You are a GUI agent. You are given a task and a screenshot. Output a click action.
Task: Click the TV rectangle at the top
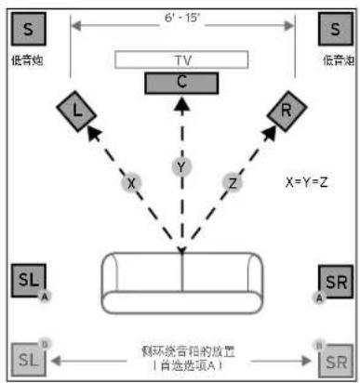click(x=181, y=59)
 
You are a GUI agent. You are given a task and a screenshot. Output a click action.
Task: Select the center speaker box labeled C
click(x=181, y=82)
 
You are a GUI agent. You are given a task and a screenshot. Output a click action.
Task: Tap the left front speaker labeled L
click(x=76, y=112)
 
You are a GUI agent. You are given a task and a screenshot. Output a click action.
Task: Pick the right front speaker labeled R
click(x=286, y=112)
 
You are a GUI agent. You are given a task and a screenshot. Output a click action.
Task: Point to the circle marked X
click(x=132, y=182)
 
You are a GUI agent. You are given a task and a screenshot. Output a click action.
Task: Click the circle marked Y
click(x=182, y=167)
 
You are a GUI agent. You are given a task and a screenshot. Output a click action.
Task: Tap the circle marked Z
click(x=230, y=182)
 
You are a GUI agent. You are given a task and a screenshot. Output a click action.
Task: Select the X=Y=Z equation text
click(x=306, y=182)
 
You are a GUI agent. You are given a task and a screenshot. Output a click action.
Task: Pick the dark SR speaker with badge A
click(x=333, y=280)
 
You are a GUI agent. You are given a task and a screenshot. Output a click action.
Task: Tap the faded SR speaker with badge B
click(x=333, y=360)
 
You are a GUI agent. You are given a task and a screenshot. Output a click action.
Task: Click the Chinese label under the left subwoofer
click(x=28, y=60)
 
